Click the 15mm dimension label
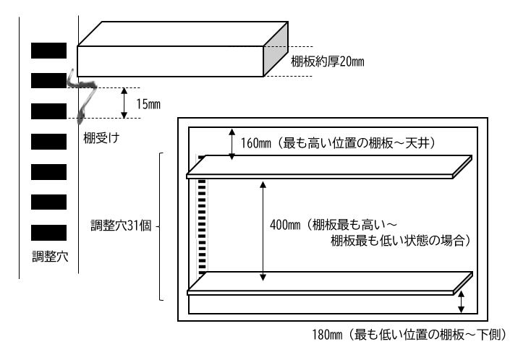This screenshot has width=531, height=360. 148,104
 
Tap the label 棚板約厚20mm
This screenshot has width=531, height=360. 328,61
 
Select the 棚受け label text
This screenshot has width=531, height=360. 101,137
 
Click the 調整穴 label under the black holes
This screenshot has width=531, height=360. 50,257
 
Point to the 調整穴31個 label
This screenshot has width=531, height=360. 121,226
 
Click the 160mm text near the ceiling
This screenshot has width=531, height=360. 256,143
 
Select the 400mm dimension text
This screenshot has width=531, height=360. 285,225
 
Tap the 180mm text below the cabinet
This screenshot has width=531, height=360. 327,335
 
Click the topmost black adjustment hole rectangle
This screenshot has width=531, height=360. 48,51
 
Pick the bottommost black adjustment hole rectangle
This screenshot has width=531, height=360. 48,233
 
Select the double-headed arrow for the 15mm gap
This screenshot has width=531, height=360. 124,103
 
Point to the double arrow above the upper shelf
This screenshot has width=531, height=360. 231,144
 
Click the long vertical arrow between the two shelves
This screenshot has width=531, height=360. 263,231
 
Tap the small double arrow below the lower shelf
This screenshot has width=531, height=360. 461,302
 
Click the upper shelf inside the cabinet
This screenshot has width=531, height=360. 329,167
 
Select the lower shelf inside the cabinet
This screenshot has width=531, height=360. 330,283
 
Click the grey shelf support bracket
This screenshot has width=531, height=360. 82,95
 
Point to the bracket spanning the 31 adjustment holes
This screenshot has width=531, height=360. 161,226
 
